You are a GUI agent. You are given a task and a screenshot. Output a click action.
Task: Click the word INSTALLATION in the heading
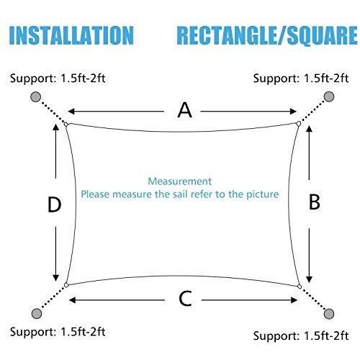point(71,35)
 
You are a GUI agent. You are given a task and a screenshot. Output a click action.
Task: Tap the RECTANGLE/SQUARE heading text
point(267,35)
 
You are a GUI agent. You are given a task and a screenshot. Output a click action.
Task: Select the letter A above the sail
point(184,110)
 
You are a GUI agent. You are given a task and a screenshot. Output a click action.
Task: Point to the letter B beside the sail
point(315,202)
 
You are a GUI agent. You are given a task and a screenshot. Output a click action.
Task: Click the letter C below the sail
point(186,299)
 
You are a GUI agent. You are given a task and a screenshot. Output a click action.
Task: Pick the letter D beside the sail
point(55,204)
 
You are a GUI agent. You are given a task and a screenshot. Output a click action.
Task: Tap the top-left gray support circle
point(36,96)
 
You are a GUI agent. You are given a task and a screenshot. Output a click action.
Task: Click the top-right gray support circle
point(329,96)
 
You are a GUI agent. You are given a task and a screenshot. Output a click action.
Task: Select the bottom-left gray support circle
point(37,313)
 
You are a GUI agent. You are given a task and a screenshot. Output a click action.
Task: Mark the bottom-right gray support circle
point(329,314)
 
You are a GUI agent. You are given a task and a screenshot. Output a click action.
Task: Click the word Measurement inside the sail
point(180,181)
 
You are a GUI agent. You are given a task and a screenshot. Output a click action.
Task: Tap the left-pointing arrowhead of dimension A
point(72,112)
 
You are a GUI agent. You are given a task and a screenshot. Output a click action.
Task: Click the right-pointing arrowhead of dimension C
point(294,300)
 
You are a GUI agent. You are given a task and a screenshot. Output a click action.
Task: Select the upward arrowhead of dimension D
point(55,127)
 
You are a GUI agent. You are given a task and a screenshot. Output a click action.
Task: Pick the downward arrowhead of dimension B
point(310,279)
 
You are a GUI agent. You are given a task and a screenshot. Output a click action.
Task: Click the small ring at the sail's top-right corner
point(298,124)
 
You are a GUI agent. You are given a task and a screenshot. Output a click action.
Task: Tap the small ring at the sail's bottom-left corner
point(66,285)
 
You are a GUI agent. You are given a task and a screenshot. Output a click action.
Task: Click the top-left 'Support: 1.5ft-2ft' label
point(58,78)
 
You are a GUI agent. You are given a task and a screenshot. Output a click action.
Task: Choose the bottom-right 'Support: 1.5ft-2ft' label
point(301,336)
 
